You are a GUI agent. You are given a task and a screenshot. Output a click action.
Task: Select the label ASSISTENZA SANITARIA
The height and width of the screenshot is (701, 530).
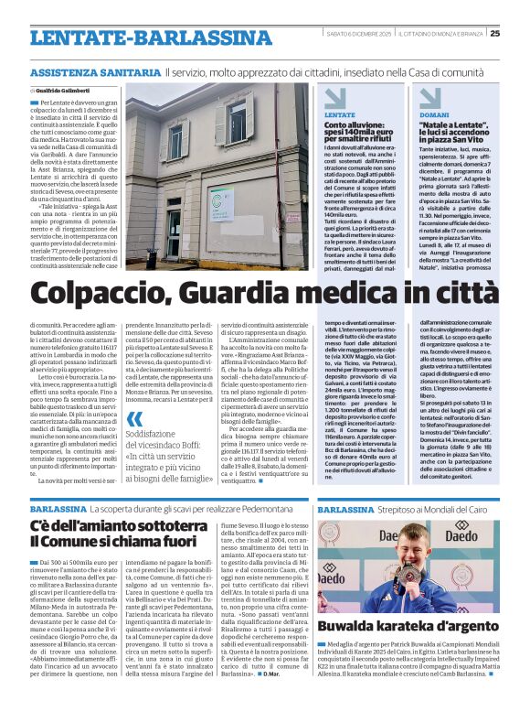[x=94, y=71]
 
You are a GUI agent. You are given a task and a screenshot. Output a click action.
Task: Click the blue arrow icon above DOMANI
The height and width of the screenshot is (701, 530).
[x=430, y=97]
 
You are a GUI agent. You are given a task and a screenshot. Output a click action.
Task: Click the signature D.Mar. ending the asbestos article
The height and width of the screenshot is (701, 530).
[x=276, y=686]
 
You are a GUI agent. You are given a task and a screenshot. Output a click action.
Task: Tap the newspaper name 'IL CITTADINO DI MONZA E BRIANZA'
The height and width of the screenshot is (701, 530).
[x=448, y=34]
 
